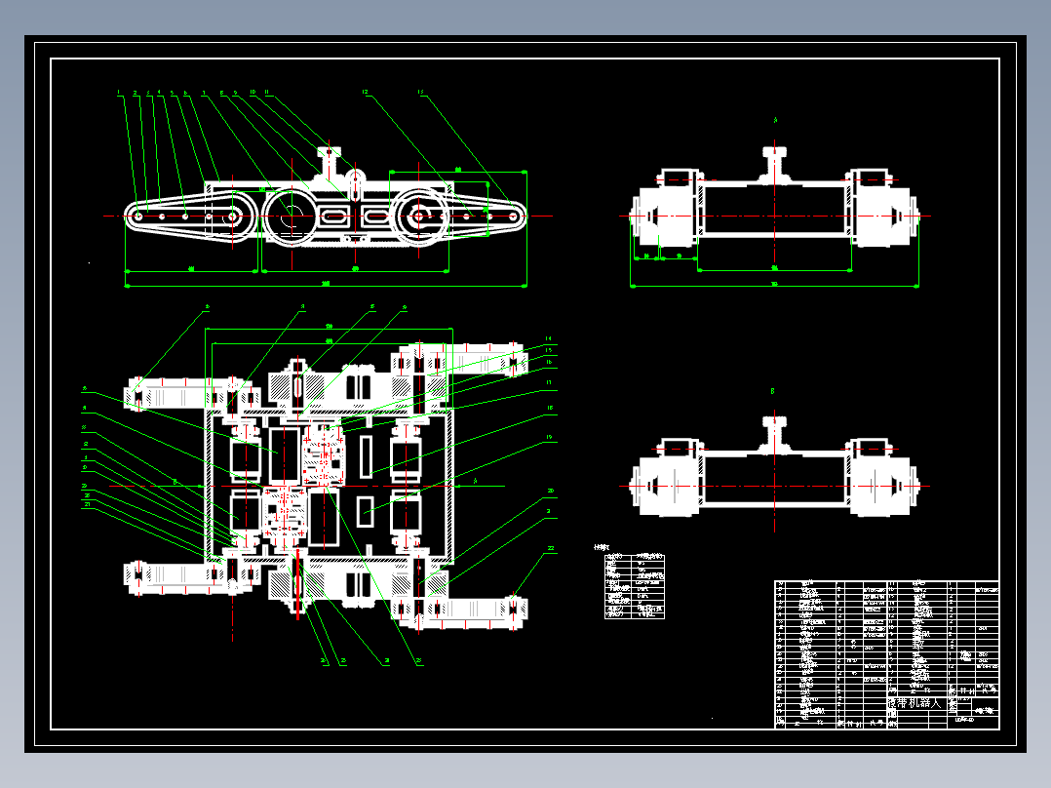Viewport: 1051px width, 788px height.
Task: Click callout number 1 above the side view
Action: click(x=119, y=94)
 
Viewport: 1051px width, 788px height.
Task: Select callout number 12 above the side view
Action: click(x=365, y=93)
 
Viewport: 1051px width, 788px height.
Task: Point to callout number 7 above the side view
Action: click(x=203, y=94)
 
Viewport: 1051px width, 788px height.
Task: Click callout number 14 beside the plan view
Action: click(x=549, y=338)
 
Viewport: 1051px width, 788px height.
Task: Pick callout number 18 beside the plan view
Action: click(x=549, y=408)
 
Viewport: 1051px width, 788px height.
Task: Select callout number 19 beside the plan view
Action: click(x=549, y=438)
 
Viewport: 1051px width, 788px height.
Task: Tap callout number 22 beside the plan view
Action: click(x=550, y=548)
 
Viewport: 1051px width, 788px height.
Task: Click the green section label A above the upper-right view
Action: click(x=776, y=121)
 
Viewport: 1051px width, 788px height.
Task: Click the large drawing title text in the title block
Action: click(x=915, y=702)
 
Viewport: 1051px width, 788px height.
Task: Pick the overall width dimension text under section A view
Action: click(x=775, y=284)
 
